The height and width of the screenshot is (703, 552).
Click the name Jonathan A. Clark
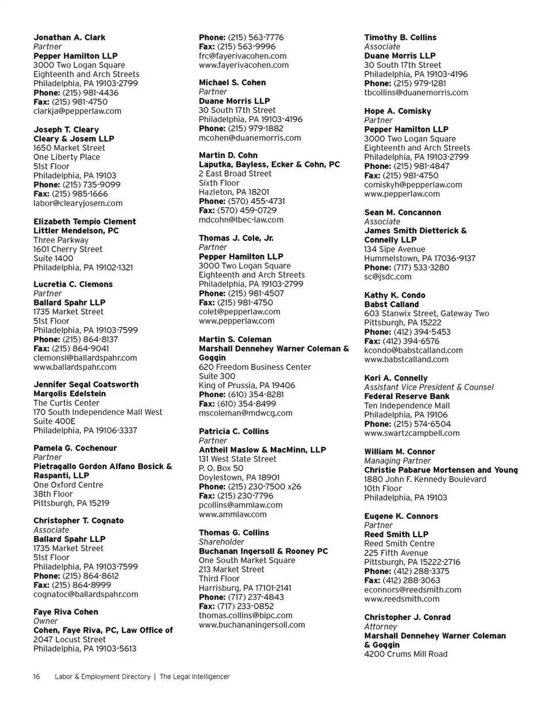tap(70, 37)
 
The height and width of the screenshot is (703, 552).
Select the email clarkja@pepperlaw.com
tap(78, 111)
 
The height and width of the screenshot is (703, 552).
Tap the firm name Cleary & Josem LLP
tap(74, 139)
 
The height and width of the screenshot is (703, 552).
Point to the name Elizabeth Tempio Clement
tap(85, 222)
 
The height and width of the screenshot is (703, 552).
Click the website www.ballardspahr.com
tap(75, 367)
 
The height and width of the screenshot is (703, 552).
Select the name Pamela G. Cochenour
tap(75, 448)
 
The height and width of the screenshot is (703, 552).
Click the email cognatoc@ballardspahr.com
tap(86, 594)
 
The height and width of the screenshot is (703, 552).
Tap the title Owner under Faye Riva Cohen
tap(45, 621)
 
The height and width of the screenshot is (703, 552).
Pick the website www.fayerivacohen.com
tap(244, 65)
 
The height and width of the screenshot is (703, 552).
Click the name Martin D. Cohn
tap(228, 155)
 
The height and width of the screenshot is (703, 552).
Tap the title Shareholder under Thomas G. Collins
tap(221, 542)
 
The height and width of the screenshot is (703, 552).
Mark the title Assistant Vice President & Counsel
tap(429, 387)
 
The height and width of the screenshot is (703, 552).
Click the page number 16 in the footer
tap(36, 677)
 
